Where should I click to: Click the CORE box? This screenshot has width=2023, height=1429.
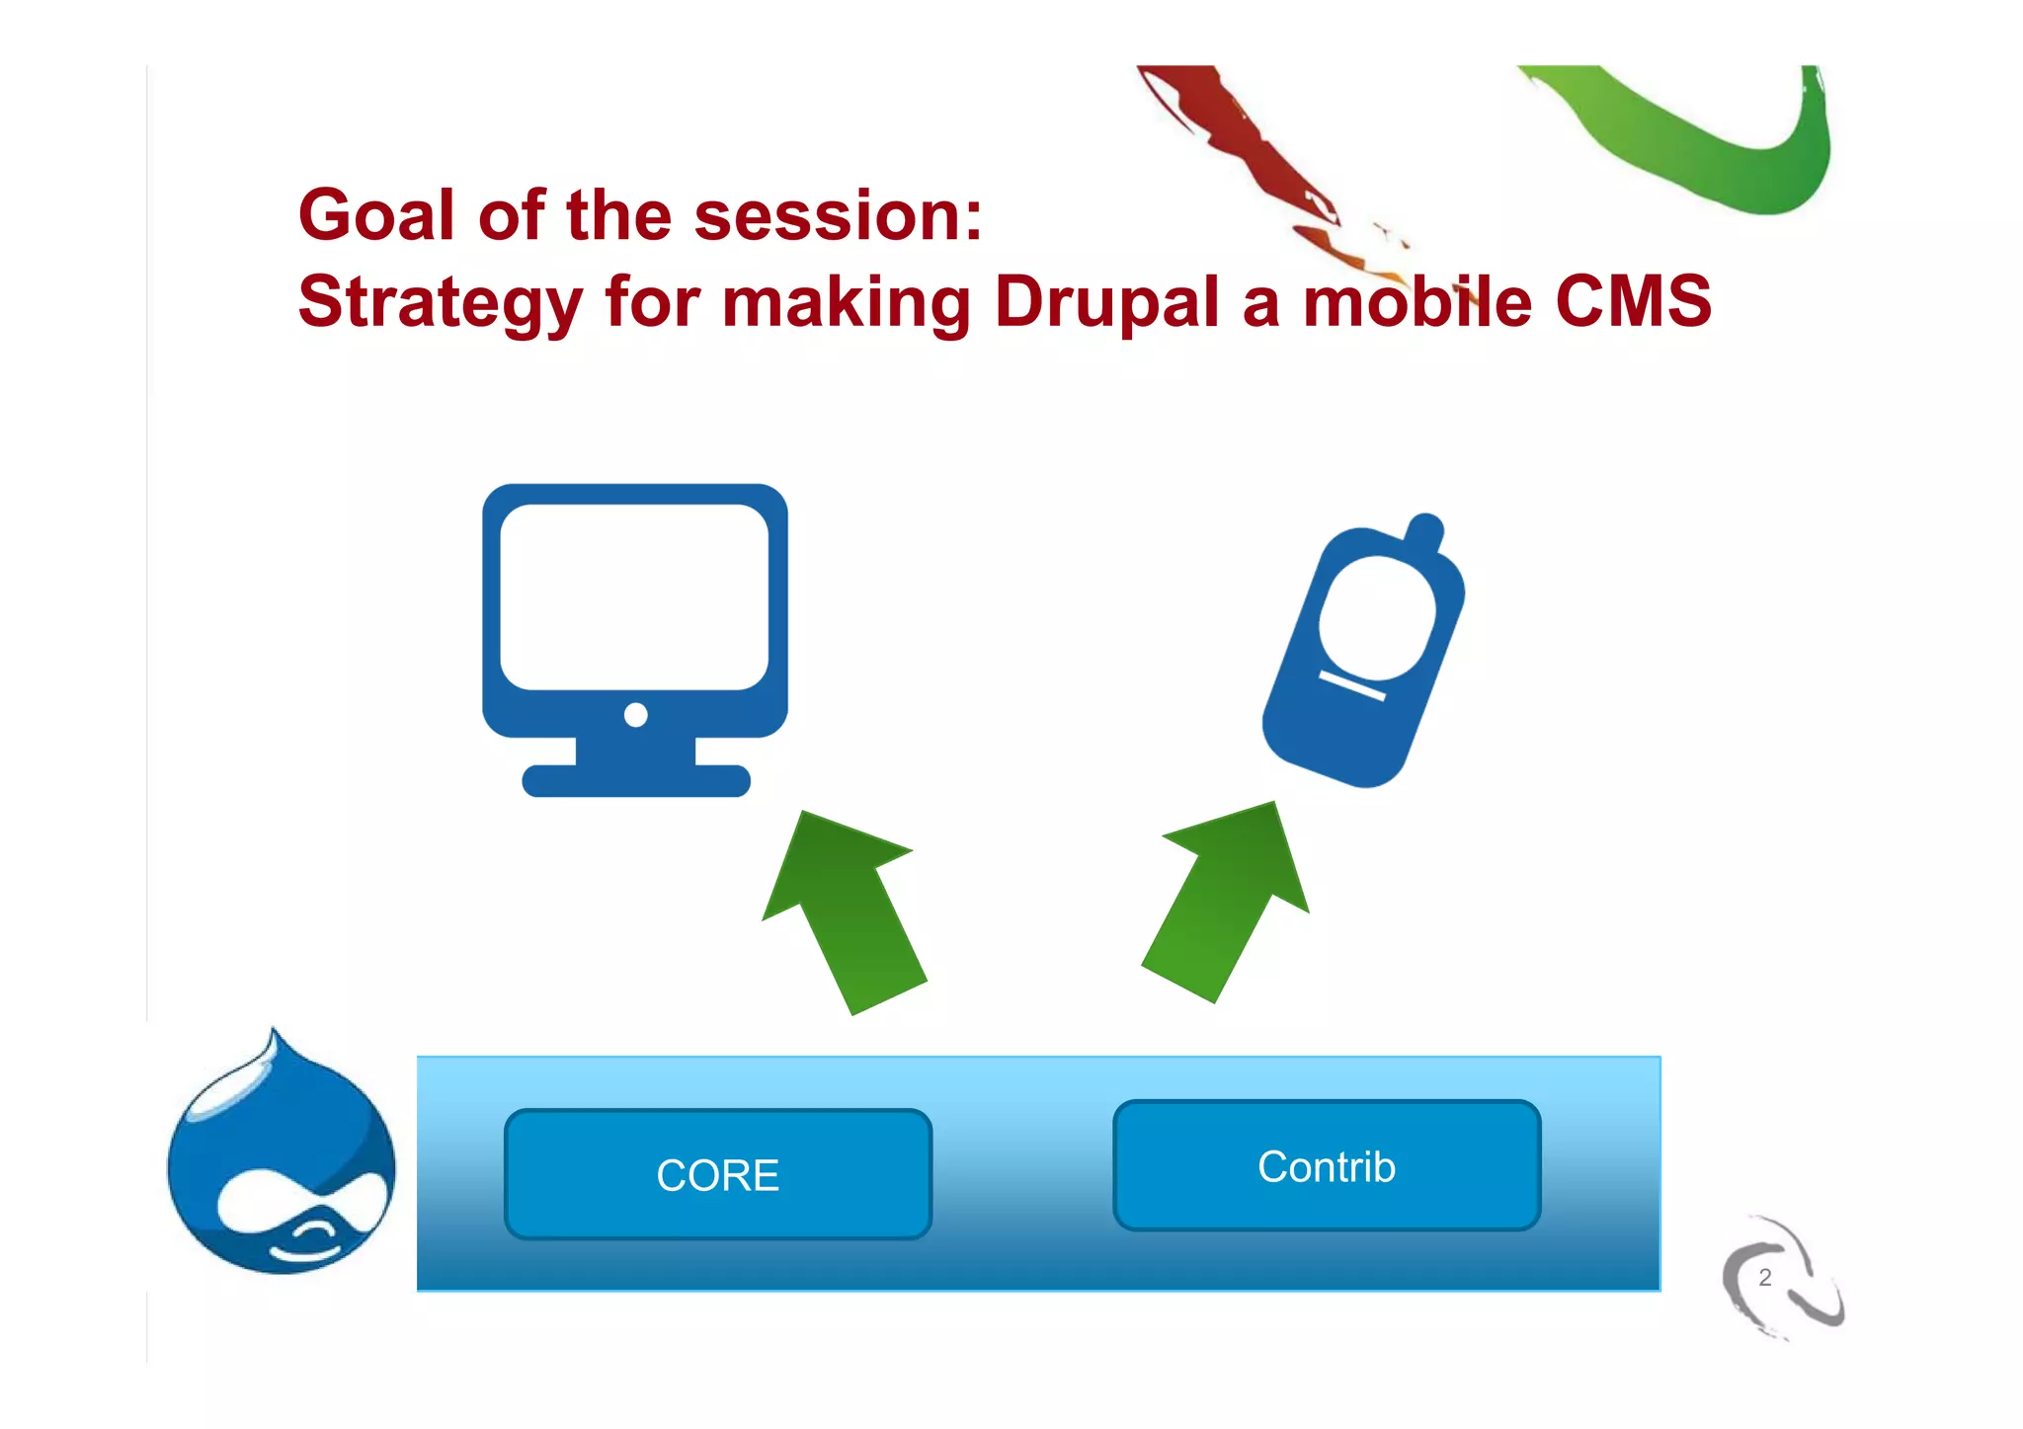[x=718, y=1174]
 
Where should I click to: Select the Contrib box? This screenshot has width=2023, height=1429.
[x=1327, y=1166]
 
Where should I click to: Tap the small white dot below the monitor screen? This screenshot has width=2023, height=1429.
[x=636, y=714]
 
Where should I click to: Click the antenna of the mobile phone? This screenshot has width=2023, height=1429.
[x=1425, y=530]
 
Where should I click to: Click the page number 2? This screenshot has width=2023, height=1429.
[x=1765, y=1278]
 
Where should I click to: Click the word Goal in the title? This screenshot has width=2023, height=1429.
[x=376, y=215]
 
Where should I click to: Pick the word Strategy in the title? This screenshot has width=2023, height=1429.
[x=440, y=303]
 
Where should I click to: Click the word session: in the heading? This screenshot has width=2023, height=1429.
[x=838, y=215]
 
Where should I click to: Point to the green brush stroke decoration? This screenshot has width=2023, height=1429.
[x=1699, y=138]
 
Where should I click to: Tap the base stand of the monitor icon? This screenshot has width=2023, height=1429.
[x=636, y=779]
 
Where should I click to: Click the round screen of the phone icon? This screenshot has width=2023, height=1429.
[x=1376, y=617]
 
